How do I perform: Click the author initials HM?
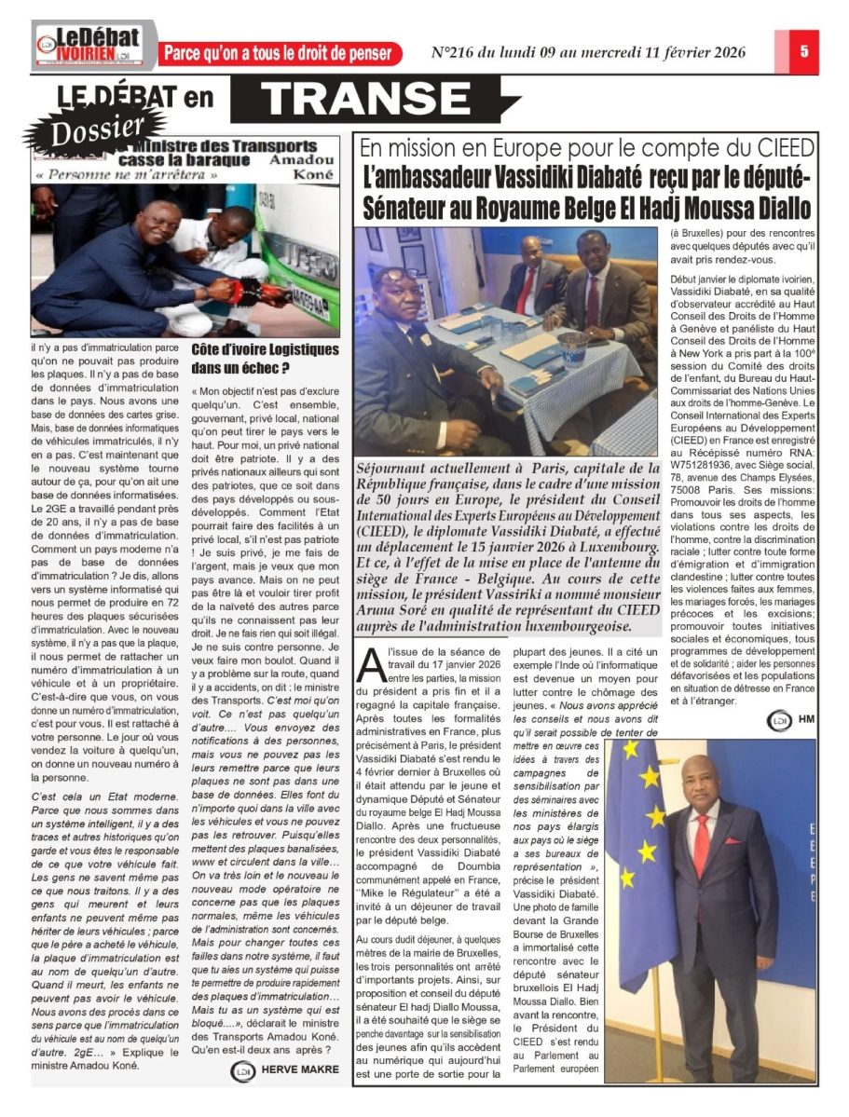pyautogui.click(x=808, y=720)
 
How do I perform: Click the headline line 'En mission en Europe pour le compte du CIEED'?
pyautogui.click(x=587, y=148)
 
